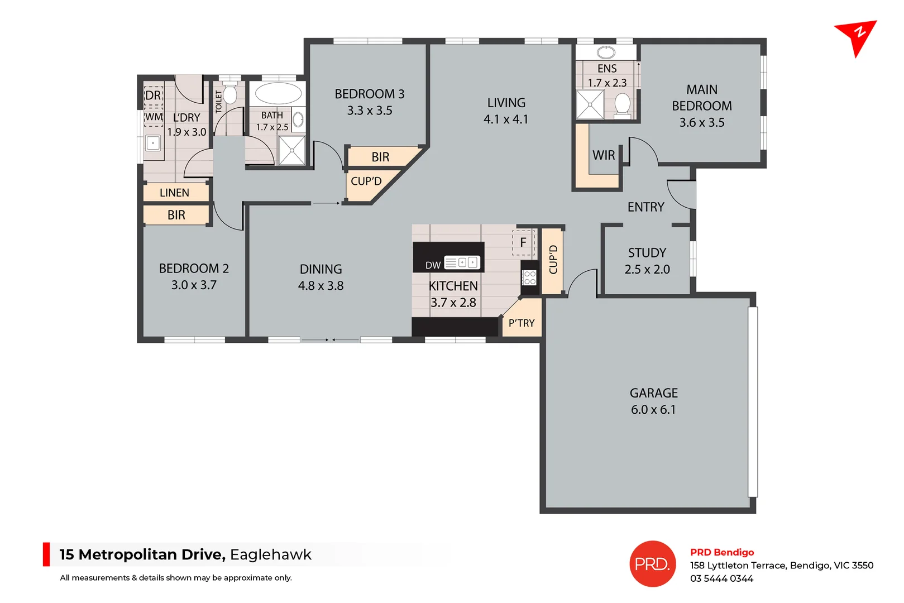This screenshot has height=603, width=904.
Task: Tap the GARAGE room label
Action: coord(653,393)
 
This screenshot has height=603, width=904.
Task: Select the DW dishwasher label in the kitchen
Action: coord(433,265)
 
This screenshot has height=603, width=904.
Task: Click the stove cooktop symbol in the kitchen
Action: coord(529,277)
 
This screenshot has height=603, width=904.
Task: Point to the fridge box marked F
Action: coord(523,242)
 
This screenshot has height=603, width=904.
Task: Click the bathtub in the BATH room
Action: coord(278,93)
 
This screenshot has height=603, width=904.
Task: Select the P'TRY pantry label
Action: coord(522,323)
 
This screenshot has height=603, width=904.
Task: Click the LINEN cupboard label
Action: coord(174,193)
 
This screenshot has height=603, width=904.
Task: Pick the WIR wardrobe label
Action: coord(604,155)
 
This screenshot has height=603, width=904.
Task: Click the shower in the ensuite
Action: coord(590,105)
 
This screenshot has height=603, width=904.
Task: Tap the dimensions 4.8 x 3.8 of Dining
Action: coord(321,286)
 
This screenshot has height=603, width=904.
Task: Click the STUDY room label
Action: coord(647,253)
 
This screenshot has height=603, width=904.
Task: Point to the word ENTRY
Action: coord(645,207)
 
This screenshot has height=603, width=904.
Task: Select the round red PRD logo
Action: coord(652,564)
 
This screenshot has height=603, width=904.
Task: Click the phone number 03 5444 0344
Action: coord(721,578)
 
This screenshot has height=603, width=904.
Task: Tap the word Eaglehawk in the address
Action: coord(271,554)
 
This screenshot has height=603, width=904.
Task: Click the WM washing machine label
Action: coord(154,117)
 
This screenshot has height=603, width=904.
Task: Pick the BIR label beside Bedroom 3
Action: coord(380,157)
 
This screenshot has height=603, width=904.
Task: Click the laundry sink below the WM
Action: coord(153,143)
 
